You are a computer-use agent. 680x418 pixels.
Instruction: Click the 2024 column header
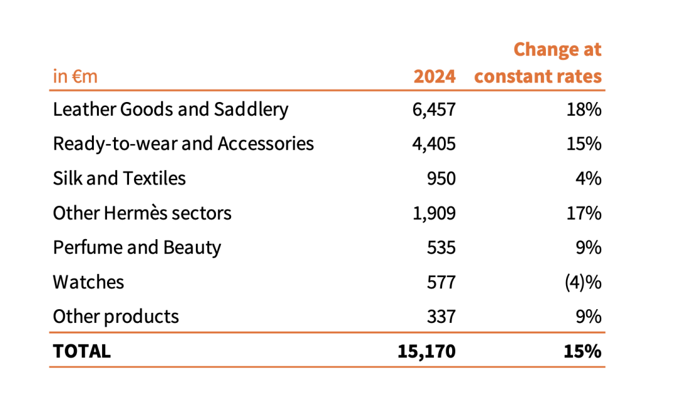434,77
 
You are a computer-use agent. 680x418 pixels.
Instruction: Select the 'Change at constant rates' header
538,63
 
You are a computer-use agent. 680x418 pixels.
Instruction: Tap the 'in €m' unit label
75,77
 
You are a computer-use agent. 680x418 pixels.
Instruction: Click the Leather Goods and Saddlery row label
171,110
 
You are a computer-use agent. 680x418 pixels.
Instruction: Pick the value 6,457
434,110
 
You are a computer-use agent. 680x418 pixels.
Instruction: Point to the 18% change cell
584,110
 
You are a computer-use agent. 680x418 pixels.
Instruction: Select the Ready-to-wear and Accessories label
183,144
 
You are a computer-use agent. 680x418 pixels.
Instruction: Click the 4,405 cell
434,144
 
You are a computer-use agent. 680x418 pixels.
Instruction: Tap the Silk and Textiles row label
119,179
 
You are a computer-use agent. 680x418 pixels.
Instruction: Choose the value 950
441,179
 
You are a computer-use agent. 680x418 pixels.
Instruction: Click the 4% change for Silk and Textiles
589,179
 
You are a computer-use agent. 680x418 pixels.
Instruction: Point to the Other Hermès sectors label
142,213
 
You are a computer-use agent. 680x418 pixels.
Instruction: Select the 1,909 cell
434,213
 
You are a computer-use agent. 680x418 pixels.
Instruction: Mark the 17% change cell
584,213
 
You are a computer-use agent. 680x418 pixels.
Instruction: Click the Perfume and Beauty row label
137,247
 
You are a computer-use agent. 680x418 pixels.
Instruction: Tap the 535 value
441,247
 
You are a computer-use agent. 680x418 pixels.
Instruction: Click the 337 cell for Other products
441,316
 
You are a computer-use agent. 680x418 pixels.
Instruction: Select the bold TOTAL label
82,351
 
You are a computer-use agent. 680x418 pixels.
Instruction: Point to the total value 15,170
426,351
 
